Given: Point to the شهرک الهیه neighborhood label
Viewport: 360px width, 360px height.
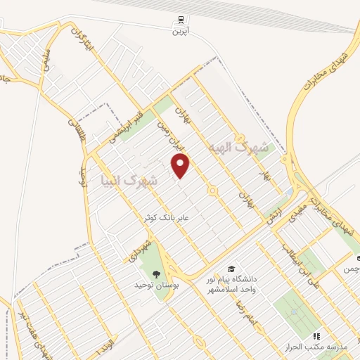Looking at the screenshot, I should pos(239,148).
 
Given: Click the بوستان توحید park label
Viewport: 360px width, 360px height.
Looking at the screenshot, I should pos(153,285).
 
